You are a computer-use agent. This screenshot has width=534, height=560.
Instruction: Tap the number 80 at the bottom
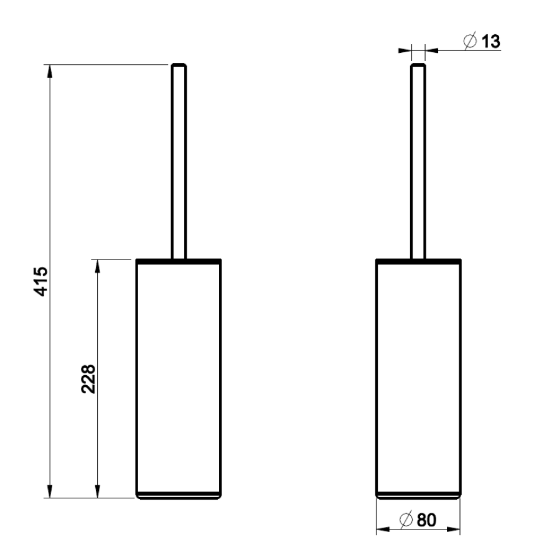(426, 520)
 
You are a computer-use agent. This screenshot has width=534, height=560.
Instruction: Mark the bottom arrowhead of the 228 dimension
(97, 492)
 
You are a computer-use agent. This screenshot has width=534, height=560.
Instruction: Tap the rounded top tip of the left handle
(178, 65)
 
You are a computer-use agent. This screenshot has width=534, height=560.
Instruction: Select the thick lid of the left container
(179, 259)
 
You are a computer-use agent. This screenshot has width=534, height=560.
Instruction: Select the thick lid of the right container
(418, 259)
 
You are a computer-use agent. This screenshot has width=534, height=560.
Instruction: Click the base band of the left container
(179, 495)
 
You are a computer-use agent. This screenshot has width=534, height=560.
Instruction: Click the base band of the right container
(418, 495)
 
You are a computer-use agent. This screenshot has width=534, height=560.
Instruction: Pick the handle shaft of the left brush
(178, 162)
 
